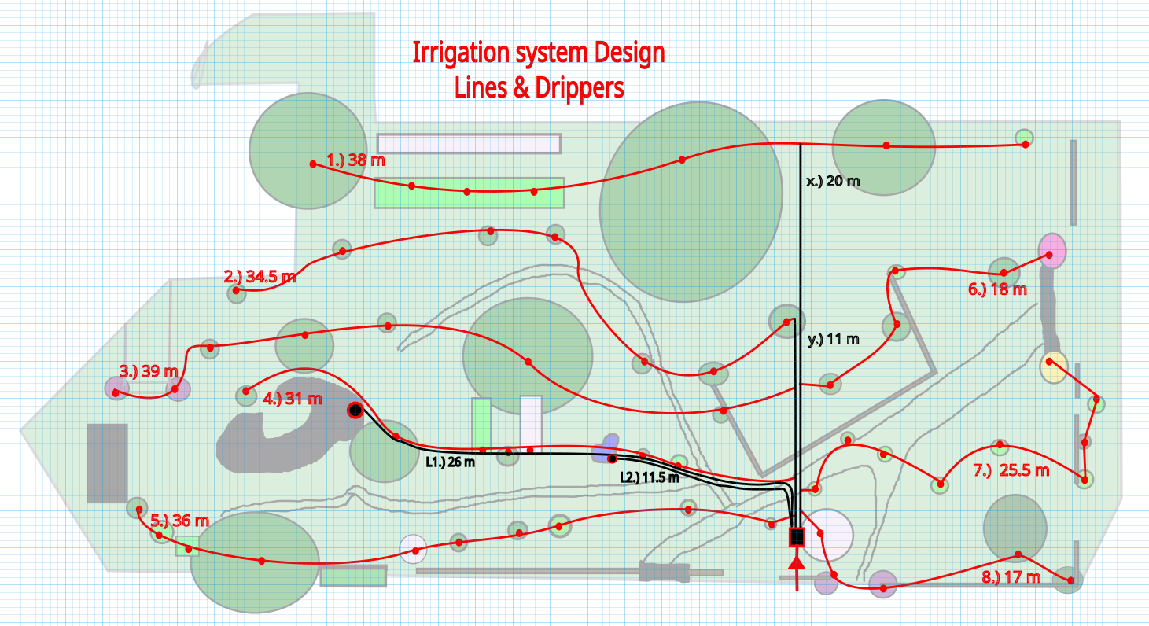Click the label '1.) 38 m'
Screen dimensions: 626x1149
point(355,160)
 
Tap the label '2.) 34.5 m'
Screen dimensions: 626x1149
point(260,277)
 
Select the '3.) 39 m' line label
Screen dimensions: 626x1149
point(149,370)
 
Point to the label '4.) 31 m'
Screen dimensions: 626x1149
point(293,400)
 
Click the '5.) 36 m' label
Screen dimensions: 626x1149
point(180,521)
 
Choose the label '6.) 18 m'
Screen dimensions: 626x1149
point(997,289)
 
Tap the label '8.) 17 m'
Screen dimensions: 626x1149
point(1011,578)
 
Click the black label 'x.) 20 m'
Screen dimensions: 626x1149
point(833,182)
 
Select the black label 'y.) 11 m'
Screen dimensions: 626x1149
point(834,340)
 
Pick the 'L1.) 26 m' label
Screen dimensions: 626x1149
point(451,462)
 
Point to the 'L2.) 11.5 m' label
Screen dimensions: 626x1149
point(650,477)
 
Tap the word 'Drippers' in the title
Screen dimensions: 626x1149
point(580,88)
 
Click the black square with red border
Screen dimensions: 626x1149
point(797,536)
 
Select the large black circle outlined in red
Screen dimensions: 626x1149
point(355,410)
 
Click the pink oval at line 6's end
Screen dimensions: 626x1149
point(1051,251)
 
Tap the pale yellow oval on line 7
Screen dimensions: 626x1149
point(1053,366)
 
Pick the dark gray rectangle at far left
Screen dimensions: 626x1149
point(107,463)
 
